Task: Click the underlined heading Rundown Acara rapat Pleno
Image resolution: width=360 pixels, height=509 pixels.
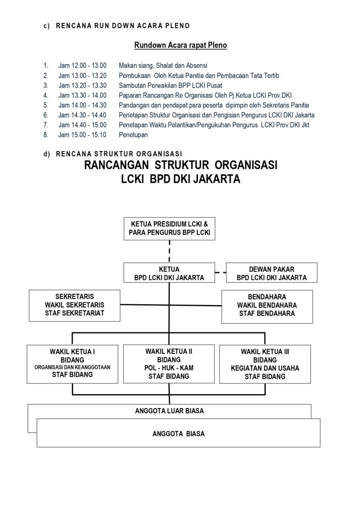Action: point(180,45)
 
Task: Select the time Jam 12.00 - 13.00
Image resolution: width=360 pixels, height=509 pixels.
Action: point(82,65)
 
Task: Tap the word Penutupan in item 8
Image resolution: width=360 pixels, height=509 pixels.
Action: point(133,135)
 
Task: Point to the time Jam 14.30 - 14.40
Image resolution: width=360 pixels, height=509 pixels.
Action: point(82,115)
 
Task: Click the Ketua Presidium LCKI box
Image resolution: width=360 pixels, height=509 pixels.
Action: point(169,228)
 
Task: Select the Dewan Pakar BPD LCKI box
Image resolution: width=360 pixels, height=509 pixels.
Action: point(271,273)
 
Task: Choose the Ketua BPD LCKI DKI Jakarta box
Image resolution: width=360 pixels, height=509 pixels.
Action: point(169,273)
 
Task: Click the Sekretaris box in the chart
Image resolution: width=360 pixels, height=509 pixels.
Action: point(75,305)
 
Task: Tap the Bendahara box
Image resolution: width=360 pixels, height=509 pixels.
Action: point(267,305)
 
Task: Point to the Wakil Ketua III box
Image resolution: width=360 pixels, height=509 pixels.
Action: point(265,364)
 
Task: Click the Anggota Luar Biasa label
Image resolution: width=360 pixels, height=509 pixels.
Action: point(169,411)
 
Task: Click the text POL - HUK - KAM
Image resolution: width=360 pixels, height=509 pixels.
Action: point(169,368)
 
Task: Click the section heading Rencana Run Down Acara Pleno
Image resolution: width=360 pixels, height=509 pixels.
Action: point(123,25)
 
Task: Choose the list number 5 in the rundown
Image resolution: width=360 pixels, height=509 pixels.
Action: point(46,105)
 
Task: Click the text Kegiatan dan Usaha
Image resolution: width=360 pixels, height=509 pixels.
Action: point(265,368)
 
